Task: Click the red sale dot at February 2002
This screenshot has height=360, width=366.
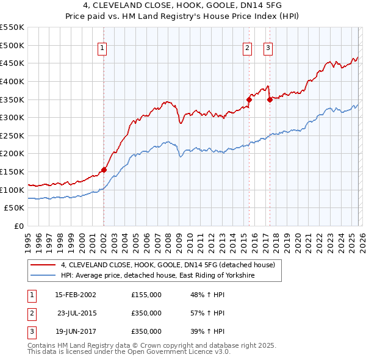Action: point(104,170)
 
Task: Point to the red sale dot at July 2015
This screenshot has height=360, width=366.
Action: point(248,99)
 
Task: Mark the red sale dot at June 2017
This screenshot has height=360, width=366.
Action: point(269,99)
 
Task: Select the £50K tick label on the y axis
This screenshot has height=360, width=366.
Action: point(15,208)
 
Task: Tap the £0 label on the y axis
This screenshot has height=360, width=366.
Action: point(18,226)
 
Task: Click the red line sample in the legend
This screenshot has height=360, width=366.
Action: point(43,265)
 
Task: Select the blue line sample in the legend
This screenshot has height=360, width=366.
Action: point(43,276)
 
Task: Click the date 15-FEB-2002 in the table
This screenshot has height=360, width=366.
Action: point(75,295)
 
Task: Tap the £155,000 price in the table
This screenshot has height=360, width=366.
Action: point(146,295)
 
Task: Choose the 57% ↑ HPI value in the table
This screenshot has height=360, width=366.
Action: point(207,313)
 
